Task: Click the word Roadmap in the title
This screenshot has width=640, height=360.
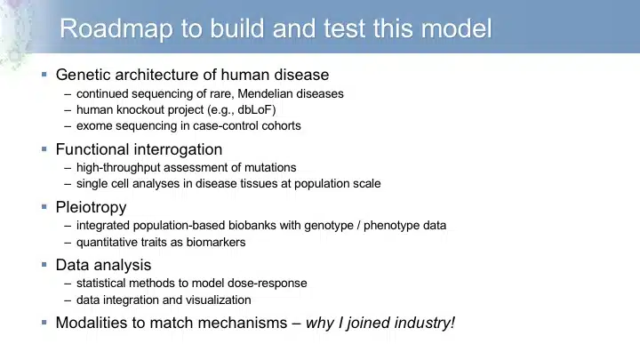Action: [x=116, y=29]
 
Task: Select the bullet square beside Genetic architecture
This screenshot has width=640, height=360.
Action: [x=44, y=75]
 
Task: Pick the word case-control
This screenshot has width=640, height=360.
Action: [x=225, y=125]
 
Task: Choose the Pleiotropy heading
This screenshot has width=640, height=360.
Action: [x=91, y=207]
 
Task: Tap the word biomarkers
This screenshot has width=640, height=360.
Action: [x=216, y=242]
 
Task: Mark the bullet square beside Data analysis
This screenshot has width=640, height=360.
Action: [x=44, y=265]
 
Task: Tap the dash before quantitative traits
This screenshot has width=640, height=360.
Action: [x=68, y=243]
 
